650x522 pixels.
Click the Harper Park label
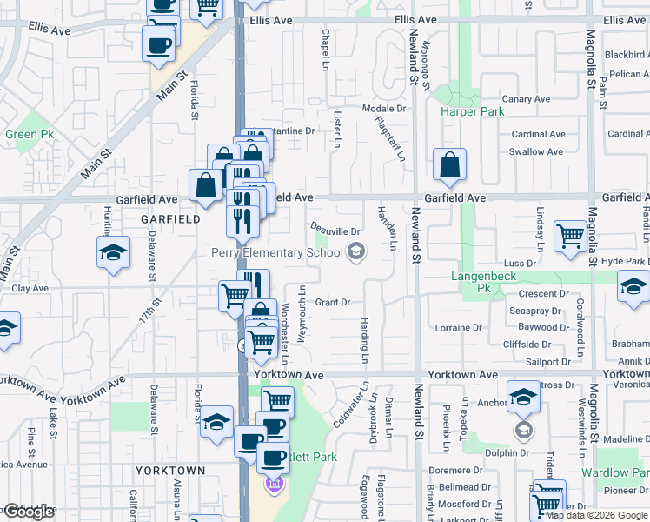tap(472, 112)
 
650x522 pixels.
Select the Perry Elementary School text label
tap(276, 252)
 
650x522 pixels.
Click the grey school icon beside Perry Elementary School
tap(355, 252)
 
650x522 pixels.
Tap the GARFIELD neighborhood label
tap(171, 220)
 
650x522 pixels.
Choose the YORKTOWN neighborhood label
tap(170, 471)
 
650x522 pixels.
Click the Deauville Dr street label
tap(336, 231)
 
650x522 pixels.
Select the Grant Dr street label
tap(332, 303)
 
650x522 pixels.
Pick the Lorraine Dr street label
tap(459, 328)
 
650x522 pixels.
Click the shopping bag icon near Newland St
tap(449, 164)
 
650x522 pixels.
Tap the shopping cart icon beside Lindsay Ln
tap(570, 235)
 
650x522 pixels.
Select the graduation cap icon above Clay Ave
tap(113, 253)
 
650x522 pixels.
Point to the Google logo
tap(29, 512)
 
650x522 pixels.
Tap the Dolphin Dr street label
tap(507, 453)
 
